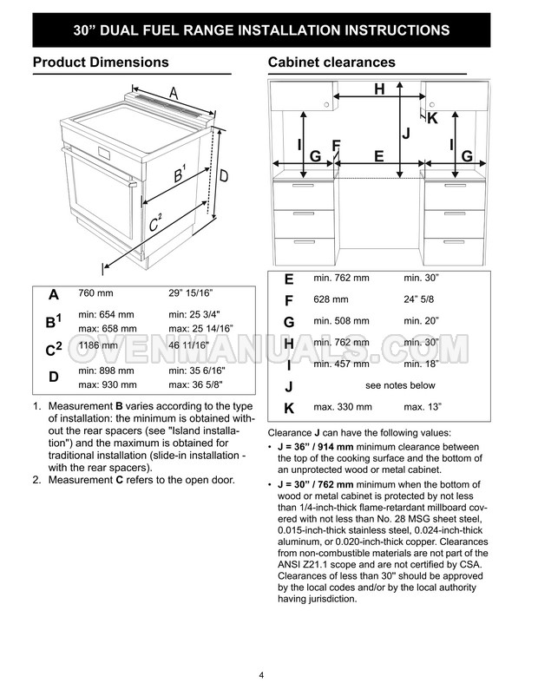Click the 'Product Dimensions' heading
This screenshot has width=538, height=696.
coord(101,62)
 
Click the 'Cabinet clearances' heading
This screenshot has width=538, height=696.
coord(331,62)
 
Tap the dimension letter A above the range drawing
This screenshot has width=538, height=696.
coord(174,93)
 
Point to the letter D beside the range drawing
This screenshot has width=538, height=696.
coord(224,176)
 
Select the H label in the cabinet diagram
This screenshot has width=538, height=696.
coord(379,89)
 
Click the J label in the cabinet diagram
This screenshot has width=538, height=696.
coord(406,133)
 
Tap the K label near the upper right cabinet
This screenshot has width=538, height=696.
coord(432,118)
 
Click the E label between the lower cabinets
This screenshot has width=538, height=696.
coord(378,156)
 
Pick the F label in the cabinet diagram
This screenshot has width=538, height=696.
coord(336,145)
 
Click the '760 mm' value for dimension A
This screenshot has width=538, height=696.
coord(95,293)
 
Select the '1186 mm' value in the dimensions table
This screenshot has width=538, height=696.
coord(98,345)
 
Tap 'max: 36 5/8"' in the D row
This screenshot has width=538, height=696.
coord(195,384)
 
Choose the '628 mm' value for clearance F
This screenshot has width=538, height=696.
coord(331,299)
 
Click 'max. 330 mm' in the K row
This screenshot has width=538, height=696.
coord(343,407)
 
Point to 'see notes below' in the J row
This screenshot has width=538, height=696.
coord(400,385)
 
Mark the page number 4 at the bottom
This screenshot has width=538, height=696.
coord(261,675)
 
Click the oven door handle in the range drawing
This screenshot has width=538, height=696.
coord(99,167)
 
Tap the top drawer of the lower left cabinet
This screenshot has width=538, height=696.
coord(304,194)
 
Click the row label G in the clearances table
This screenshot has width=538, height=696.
coord(289,322)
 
